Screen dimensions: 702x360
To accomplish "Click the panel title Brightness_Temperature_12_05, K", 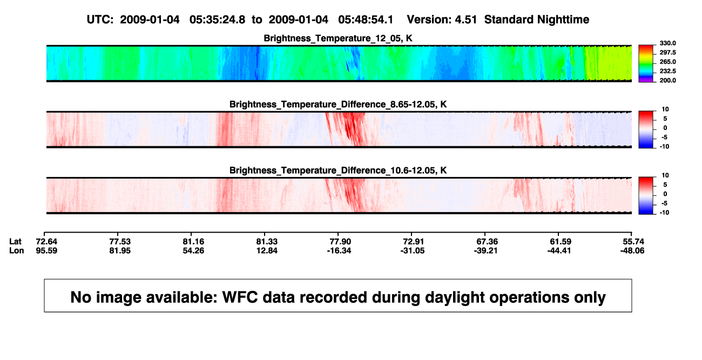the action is pos(338,38).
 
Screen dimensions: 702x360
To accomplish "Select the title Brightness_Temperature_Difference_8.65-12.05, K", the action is pos(338,104).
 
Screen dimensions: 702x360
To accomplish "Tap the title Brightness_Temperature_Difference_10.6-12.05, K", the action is pos(338,171).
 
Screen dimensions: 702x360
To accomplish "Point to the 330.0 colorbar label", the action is pos(667,43).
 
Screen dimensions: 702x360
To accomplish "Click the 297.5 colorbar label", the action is pos(667,52).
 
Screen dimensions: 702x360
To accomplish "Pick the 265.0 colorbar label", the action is pos(667,62).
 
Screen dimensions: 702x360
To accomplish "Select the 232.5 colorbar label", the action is pos(667,71).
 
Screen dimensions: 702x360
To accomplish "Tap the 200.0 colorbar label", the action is pos(667,80).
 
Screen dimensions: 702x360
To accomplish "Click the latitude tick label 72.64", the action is pos(46,242).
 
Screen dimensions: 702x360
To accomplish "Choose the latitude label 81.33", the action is pos(267,242).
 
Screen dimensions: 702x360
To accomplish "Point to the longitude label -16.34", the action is pos(339,250).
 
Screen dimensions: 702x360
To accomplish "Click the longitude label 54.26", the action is pos(193,250).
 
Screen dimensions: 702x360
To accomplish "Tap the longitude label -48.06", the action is pos(632,250).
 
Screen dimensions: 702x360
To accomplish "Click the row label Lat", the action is pos(15,242).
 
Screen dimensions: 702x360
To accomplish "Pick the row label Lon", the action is pos(16,250).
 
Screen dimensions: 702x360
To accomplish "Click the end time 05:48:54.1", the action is pos(366,20).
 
